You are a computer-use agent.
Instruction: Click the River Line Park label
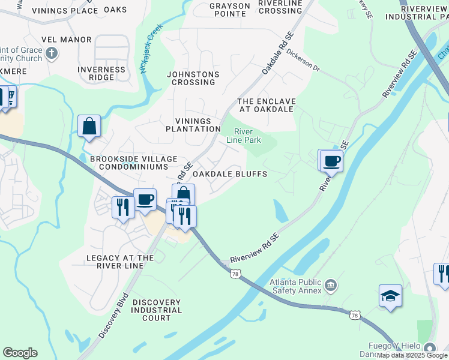243,136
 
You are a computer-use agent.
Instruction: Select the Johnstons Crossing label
193,78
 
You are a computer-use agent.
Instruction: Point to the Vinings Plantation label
193,125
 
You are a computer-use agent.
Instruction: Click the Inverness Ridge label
101,73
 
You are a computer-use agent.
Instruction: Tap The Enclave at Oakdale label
265,105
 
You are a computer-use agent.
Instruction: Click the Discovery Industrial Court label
152,310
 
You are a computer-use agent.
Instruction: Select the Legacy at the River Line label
120,262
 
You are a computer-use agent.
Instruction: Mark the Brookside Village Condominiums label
133,163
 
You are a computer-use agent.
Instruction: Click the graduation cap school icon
390,296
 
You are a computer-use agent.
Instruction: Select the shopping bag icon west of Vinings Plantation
89,126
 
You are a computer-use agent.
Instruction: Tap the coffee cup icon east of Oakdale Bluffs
331,160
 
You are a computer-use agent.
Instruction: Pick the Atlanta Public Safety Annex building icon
331,284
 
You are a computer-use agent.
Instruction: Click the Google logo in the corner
20,353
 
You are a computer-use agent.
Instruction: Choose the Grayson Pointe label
230,10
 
